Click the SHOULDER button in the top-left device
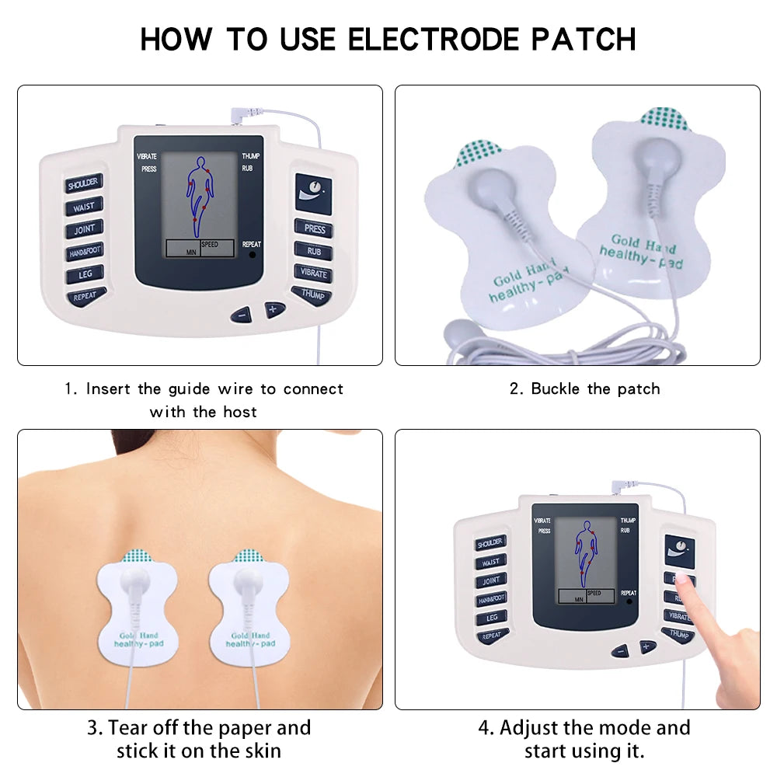[x=83, y=185]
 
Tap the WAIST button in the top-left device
[x=83, y=207]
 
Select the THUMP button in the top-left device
[x=312, y=294]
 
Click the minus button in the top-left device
[x=242, y=315]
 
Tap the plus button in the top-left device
[x=274, y=309]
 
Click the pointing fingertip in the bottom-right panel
[x=684, y=579]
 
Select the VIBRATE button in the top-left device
[x=312, y=274]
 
